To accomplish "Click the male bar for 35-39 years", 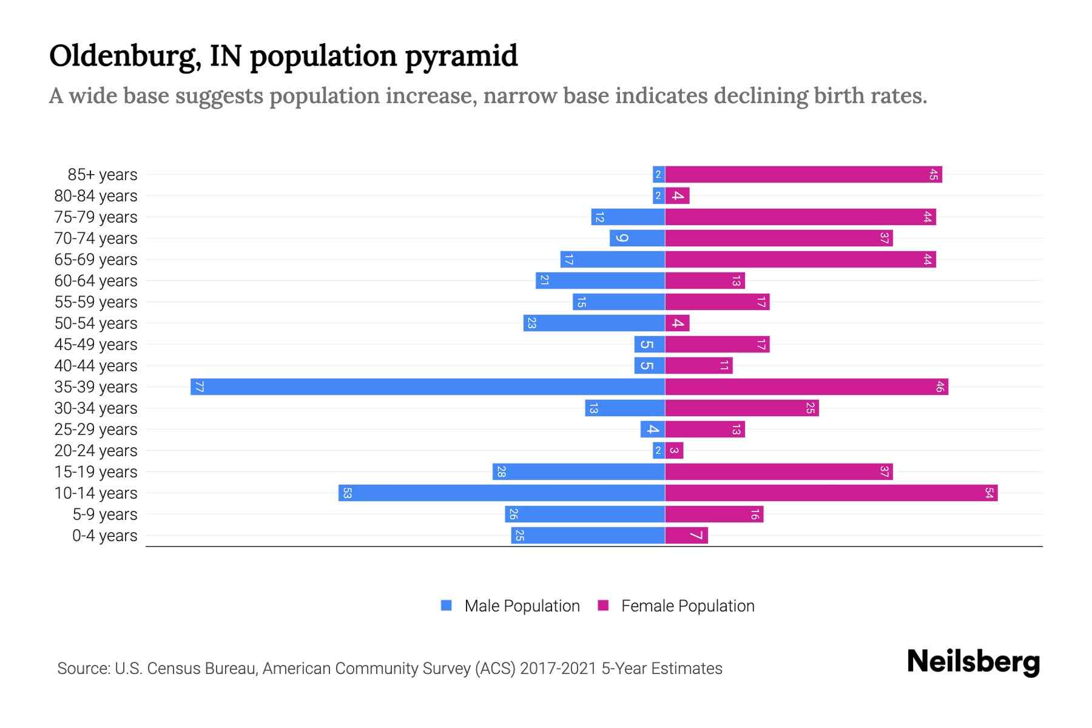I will [428, 386].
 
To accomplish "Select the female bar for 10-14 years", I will [831, 493].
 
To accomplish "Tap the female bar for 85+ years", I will [803, 174].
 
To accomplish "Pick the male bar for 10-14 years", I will [502, 493].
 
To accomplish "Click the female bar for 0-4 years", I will [686, 535].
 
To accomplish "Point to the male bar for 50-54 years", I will [594, 323].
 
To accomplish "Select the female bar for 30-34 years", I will [741, 408].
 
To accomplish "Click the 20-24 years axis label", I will [96, 451].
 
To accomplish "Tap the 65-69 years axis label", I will [96, 260].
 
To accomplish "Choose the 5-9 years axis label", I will [105, 514].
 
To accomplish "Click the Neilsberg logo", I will [973, 661].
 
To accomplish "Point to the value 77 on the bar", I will [199, 386].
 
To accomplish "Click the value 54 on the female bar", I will [989, 493].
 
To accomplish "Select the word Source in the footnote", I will [83, 669].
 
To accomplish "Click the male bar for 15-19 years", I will [579, 471].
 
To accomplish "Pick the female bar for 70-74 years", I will [778, 238].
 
